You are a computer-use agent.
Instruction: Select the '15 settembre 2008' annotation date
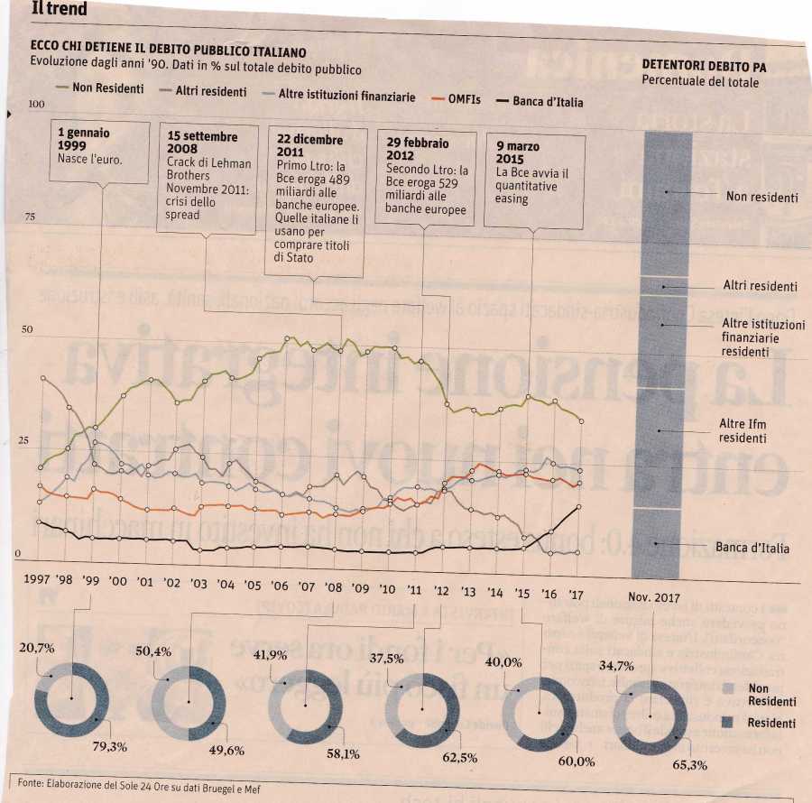coord(202,143)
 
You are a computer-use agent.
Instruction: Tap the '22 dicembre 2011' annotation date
coord(309,147)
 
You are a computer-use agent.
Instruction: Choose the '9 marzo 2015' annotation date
coord(518,152)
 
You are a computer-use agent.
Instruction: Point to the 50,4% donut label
coord(153,651)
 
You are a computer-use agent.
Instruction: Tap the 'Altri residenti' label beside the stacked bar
coord(760,286)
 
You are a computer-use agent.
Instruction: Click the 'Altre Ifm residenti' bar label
coord(742,430)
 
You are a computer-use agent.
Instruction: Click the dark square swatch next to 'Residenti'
coord(731,723)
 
